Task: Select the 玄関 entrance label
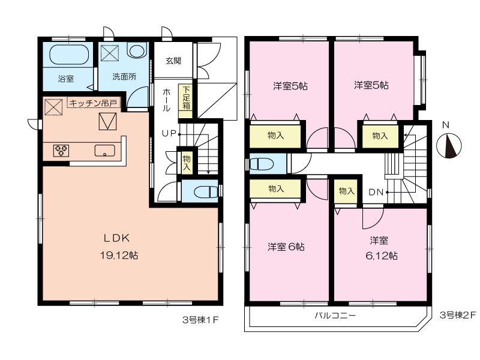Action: [173, 61]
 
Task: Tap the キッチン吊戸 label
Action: [94, 103]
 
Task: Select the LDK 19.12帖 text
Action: [119, 246]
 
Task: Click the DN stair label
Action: [376, 192]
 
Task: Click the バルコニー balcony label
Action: [335, 316]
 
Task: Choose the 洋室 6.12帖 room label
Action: [379, 248]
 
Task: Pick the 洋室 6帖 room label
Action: [286, 247]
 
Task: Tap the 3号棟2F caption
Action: [457, 314]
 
